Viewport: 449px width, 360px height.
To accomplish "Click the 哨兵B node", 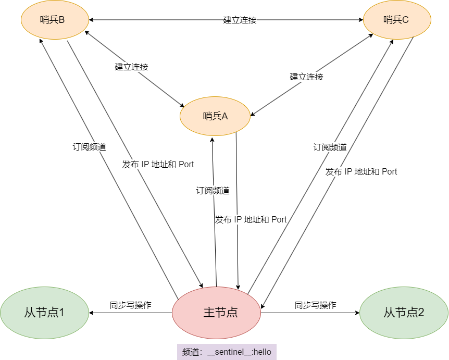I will [x=53, y=20].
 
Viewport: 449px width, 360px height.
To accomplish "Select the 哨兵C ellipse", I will [x=397, y=20].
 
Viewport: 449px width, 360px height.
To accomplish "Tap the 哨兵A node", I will [x=215, y=116].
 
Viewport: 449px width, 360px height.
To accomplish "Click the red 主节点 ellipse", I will [x=217, y=313].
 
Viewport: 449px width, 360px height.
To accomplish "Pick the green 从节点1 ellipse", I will [x=44, y=313].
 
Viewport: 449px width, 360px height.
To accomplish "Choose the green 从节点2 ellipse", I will [x=404, y=313].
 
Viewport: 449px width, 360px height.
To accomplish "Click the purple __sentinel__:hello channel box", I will [x=227, y=352].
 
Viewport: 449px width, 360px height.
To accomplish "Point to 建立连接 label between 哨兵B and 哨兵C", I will [x=240, y=20].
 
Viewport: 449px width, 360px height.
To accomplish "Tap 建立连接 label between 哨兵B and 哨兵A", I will [x=132, y=67].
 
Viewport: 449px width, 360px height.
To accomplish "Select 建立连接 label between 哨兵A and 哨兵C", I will [x=307, y=77].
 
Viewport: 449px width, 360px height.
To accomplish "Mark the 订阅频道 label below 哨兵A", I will [x=213, y=191].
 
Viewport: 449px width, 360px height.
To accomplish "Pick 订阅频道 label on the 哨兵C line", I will [x=330, y=147].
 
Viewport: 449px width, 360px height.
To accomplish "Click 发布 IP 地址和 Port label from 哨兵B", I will [x=158, y=165].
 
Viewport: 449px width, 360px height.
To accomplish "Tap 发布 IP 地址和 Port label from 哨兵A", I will [x=251, y=220].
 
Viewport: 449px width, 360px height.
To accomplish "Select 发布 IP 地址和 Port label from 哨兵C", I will [x=361, y=172].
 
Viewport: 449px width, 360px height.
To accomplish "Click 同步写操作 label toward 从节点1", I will [x=131, y=305].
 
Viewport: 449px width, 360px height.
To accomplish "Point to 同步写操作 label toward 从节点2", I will [x=315, y=305].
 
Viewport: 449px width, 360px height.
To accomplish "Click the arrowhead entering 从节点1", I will [x=91, y=313].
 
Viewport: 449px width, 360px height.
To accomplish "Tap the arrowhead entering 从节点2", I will [x=357, y=313].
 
